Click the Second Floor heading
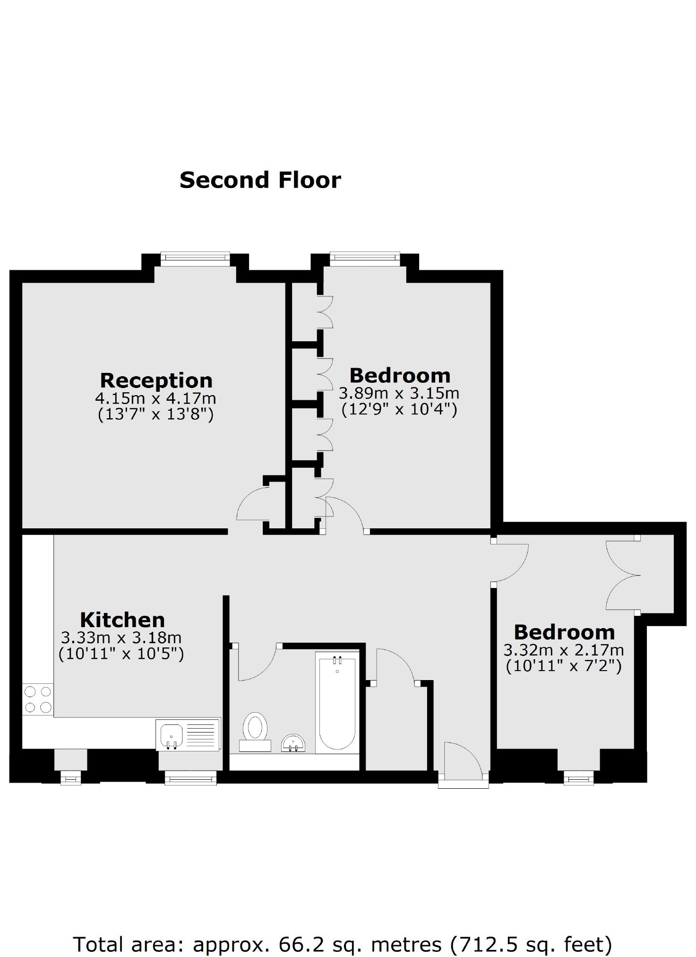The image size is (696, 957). [260, 180]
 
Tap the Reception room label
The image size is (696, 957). [156, 380]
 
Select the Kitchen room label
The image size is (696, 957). [122, 620]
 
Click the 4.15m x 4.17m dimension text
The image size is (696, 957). [155, 398]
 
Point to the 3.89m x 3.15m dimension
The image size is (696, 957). [399, 393]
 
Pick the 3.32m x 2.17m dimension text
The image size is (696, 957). [564, 650]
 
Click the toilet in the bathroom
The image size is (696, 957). [255, 732]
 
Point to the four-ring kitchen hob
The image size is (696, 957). [38, 700]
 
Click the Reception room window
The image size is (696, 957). [195, 257]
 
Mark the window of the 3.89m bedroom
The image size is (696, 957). [365, 257]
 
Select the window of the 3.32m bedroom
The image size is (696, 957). [579, 778]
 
